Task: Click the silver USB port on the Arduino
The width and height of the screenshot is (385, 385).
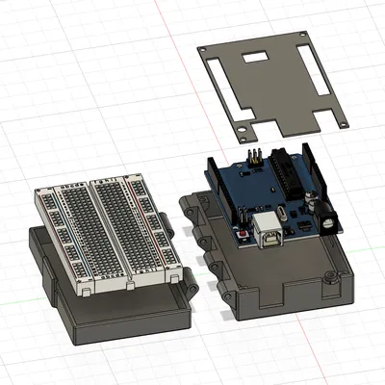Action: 269,234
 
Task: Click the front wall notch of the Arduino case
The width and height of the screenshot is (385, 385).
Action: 279,294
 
